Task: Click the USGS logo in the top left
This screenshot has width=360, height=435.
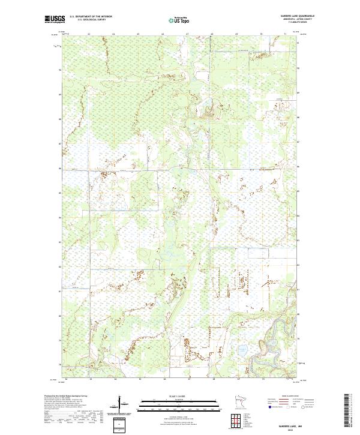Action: (x=55, y=19)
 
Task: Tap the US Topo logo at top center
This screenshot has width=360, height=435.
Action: (x=178, y=19)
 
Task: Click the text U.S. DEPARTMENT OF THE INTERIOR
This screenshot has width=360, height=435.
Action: (x=91, y=16)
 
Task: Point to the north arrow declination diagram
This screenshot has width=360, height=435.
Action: (x=124, y=404)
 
